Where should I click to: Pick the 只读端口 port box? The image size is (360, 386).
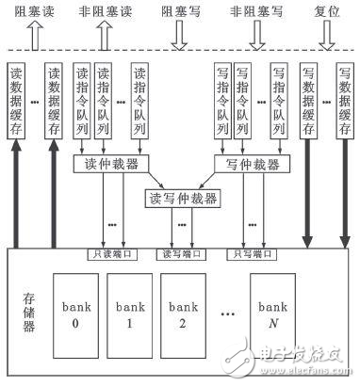(110, 252)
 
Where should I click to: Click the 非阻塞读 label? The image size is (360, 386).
(106, 13)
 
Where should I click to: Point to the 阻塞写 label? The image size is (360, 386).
(177, 13)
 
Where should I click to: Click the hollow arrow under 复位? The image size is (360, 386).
(327, 37)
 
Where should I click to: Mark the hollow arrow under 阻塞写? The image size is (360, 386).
(177, 37)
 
